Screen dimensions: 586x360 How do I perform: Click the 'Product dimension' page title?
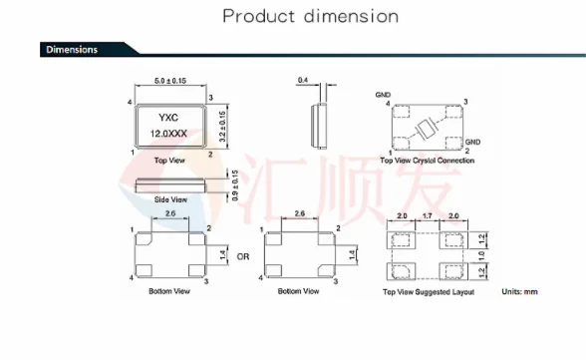coord(311,16)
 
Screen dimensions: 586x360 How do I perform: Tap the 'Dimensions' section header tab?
coord(72,50)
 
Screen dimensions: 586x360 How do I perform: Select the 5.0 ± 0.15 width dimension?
coord(170,81)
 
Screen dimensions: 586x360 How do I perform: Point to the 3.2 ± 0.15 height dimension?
coord(222,127)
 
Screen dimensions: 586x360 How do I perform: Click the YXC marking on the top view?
coord(168,118)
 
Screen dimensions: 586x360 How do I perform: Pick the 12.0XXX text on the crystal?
coord(168,134)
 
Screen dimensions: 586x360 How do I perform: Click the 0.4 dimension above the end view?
coord(303,80)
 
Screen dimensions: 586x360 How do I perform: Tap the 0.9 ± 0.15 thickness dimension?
coord(235,185)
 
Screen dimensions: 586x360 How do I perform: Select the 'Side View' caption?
coord(170,199)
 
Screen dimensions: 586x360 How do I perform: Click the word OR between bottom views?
coord(243,257)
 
